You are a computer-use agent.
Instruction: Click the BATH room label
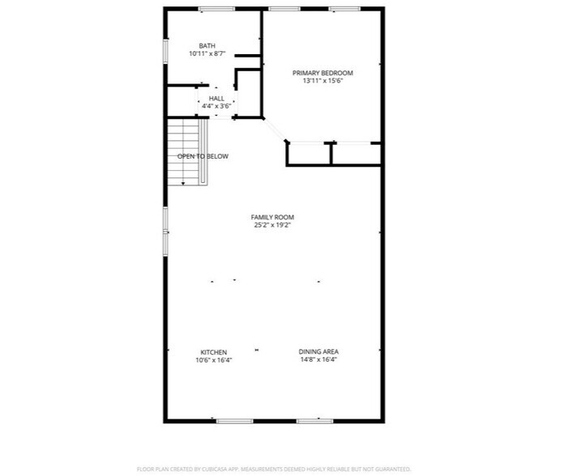coord(207,45)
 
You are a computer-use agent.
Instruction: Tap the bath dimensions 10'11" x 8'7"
coord(207,54)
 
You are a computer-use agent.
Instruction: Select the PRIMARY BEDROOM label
coord(323,73)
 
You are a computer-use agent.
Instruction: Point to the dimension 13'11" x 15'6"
coord(323,81)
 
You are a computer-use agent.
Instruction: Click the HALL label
coord(216,98)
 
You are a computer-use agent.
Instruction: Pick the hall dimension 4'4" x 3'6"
coord(216,106)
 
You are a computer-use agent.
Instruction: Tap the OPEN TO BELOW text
coord(203,156)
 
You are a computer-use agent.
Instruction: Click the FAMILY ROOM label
coord(272,217)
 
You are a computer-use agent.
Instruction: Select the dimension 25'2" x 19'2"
coord(272,226)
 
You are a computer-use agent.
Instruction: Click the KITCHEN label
coord(213,352)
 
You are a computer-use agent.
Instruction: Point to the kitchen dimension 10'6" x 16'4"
coord(213,360)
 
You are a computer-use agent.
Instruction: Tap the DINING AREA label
coord(319,352)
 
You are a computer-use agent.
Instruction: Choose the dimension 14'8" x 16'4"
coord(319,360)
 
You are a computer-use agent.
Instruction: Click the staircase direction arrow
coord(183,183)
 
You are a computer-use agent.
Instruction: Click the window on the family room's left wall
coord(165,231)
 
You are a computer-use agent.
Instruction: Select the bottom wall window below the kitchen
coord(234,421)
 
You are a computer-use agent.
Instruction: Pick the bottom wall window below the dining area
coord(315,421)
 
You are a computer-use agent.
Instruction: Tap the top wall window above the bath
coord(216,9)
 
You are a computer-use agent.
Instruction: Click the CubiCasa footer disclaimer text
coord(274,469)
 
